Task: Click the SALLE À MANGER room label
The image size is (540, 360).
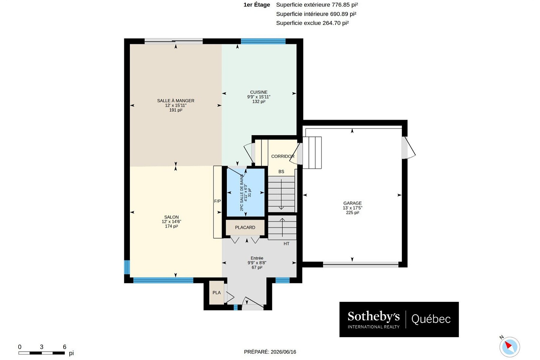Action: coord(175,101)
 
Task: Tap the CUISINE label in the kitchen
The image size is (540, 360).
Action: coord(259,92)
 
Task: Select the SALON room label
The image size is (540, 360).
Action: coord(171,217)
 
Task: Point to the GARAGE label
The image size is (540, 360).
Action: coord(352,203)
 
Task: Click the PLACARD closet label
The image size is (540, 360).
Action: coord(245,228)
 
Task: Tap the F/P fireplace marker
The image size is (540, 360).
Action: coord(217,201)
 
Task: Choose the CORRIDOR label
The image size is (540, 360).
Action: coord(283,156)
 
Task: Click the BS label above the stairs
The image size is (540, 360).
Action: coord(281,172)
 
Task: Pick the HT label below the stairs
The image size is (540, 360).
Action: coord(286,244)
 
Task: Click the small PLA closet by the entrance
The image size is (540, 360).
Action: coord(217,293)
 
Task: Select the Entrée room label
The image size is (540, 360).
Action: coord(257,258)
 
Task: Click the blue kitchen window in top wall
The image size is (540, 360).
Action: coord(263,41)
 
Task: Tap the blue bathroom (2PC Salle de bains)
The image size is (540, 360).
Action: coord(245,192)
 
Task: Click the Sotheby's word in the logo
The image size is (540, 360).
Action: coord(373,316)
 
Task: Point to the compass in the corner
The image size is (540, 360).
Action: coord(509,347)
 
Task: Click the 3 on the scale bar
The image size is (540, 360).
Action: coord(42,347)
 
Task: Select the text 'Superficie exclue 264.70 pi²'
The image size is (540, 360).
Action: coord(312,23)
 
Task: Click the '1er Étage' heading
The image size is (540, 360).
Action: coord(257,5)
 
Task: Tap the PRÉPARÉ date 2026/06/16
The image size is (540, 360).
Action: coord(283,352)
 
